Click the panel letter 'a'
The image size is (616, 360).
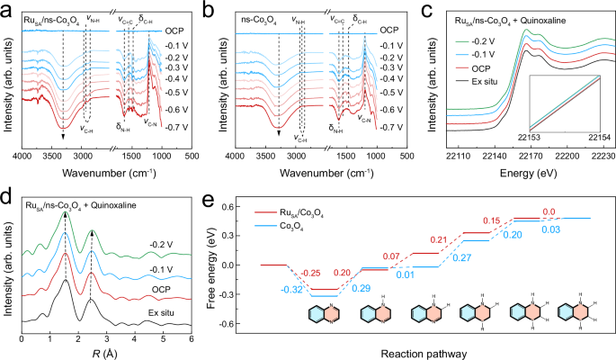[x=6, y=7]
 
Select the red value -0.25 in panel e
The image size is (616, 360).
[x=311, y=272]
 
